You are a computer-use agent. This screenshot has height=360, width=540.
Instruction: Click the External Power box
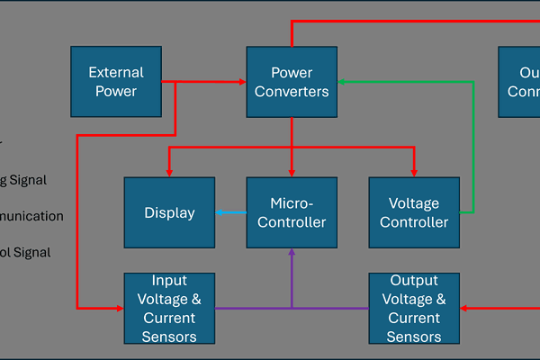coord(116,82)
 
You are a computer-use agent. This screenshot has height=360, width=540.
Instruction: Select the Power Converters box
coord(292,82)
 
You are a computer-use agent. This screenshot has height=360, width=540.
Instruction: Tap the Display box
coord(169,212)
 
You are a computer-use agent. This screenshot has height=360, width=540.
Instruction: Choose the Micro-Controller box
coord(292,212)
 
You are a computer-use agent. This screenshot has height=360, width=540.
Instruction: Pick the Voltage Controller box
coord(414,212)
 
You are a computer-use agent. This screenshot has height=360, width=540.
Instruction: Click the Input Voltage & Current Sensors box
coord(169,309)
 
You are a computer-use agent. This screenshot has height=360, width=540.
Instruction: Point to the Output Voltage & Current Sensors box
coord(414,309)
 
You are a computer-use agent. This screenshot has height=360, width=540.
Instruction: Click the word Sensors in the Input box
coord(169,337)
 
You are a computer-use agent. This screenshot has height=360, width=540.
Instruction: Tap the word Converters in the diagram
coord(292,91)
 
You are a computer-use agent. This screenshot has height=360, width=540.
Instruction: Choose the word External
coord(116,73)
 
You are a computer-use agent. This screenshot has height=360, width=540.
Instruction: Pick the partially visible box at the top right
coord(520,82)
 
